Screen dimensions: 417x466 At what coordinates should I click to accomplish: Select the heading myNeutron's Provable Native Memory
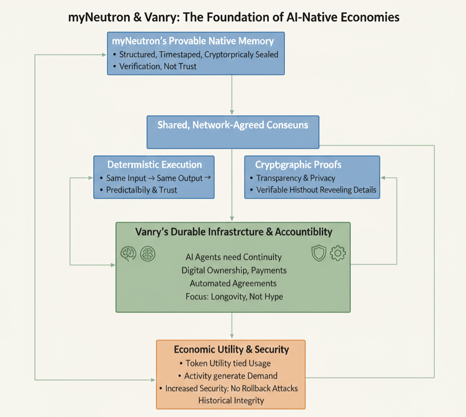tap(193, 41)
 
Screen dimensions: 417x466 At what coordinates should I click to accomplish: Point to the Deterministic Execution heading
tap(154, 164)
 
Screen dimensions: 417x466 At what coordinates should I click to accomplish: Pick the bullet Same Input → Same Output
tap(154, 178)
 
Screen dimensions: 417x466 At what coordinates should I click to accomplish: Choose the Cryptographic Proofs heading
tap(298, 164)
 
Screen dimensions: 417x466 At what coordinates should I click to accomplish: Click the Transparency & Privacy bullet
tap(295, 178)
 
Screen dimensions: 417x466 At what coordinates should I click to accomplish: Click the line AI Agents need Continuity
tap(233, 257)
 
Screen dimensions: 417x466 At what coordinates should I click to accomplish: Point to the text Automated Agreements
tap(233, 283)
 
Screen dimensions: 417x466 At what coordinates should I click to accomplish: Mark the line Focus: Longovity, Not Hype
tap(234, 296)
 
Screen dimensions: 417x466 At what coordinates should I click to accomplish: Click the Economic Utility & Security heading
tap(231, 350)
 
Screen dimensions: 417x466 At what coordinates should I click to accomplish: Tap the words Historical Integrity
tap(231, 401)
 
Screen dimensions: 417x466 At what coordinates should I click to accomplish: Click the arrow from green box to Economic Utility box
tap(232, 326)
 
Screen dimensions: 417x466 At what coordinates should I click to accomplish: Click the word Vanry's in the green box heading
tap(152, 232)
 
